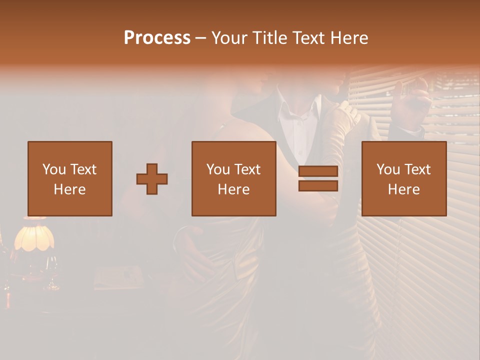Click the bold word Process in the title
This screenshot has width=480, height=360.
coord(157,38)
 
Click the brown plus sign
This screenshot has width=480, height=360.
coord(152,179)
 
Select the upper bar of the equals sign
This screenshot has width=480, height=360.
coord(318,171)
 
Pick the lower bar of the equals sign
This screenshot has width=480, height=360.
coord(318,186)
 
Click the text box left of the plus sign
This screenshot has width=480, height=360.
coord(70,178)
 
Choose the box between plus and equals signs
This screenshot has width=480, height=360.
coord(233,178)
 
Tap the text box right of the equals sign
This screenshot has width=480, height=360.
coord(404,178)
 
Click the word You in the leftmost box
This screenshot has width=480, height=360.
coord(53,169)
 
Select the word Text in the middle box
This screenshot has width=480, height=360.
coord(247,169)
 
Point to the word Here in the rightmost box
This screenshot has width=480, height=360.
coord(403,189)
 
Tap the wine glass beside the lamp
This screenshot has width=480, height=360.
coord(52,272)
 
